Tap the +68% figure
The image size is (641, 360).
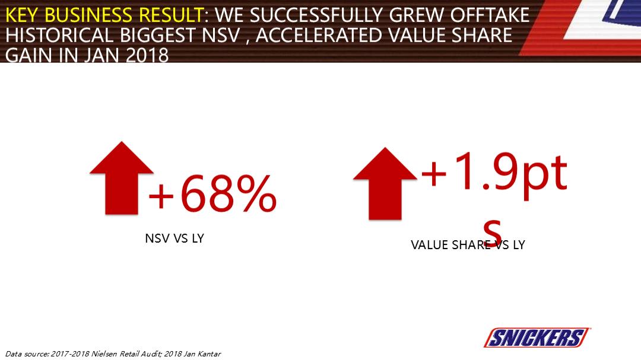coord(212,194)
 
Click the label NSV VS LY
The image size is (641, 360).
coord(174,239)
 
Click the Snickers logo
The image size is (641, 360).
coord(537,338)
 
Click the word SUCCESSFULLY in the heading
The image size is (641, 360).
coord(317,15)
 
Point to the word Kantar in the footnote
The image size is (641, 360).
coord(207,354)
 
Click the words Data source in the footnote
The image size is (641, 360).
coord(27,354)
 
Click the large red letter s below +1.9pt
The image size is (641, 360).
coord(493,228)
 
